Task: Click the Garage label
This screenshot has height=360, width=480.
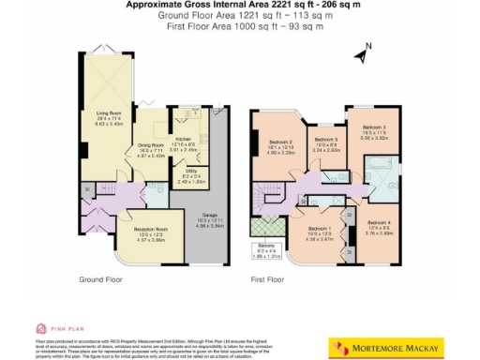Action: pyautogui.click(x=215, y=217)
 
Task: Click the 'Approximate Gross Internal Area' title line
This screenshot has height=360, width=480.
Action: pyautogui.click(x=240, y=5)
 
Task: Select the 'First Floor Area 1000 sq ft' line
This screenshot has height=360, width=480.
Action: pyautogui.click(x=240, y=26)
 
